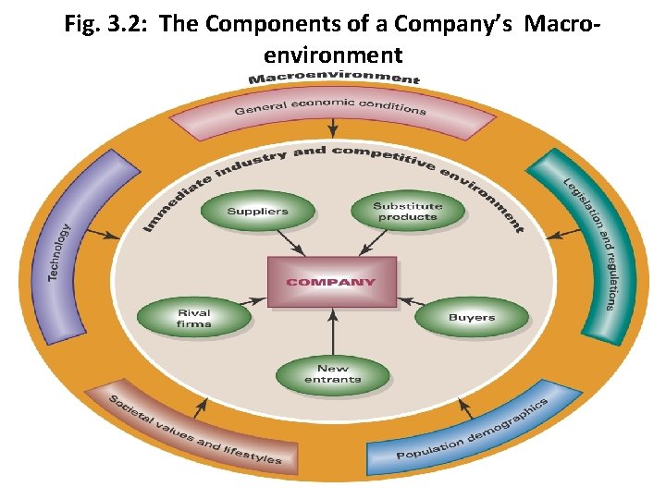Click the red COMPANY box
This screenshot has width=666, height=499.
coord(331,281)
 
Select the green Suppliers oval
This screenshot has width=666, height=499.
coord(257,212)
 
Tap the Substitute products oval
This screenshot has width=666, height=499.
coord(407,212)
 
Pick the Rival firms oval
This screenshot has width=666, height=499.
coord(193,319)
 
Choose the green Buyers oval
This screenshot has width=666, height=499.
coord(471,318)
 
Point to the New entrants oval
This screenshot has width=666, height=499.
coord(332,373)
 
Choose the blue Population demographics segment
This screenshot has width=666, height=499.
coord(472,430)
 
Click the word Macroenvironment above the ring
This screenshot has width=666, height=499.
coord(334,79)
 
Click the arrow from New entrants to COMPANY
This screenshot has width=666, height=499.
coord(332,325)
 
